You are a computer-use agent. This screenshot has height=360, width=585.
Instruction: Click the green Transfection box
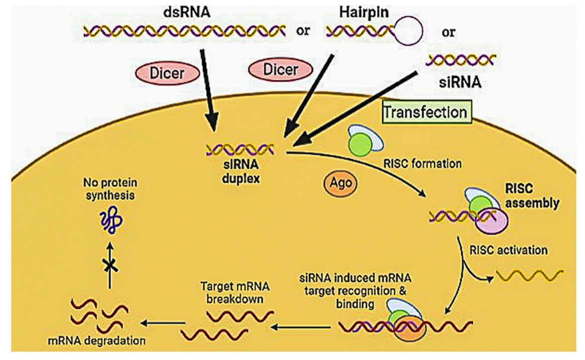[x=427, y=112]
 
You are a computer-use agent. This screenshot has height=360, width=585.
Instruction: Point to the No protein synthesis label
[x=110, y=189]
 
